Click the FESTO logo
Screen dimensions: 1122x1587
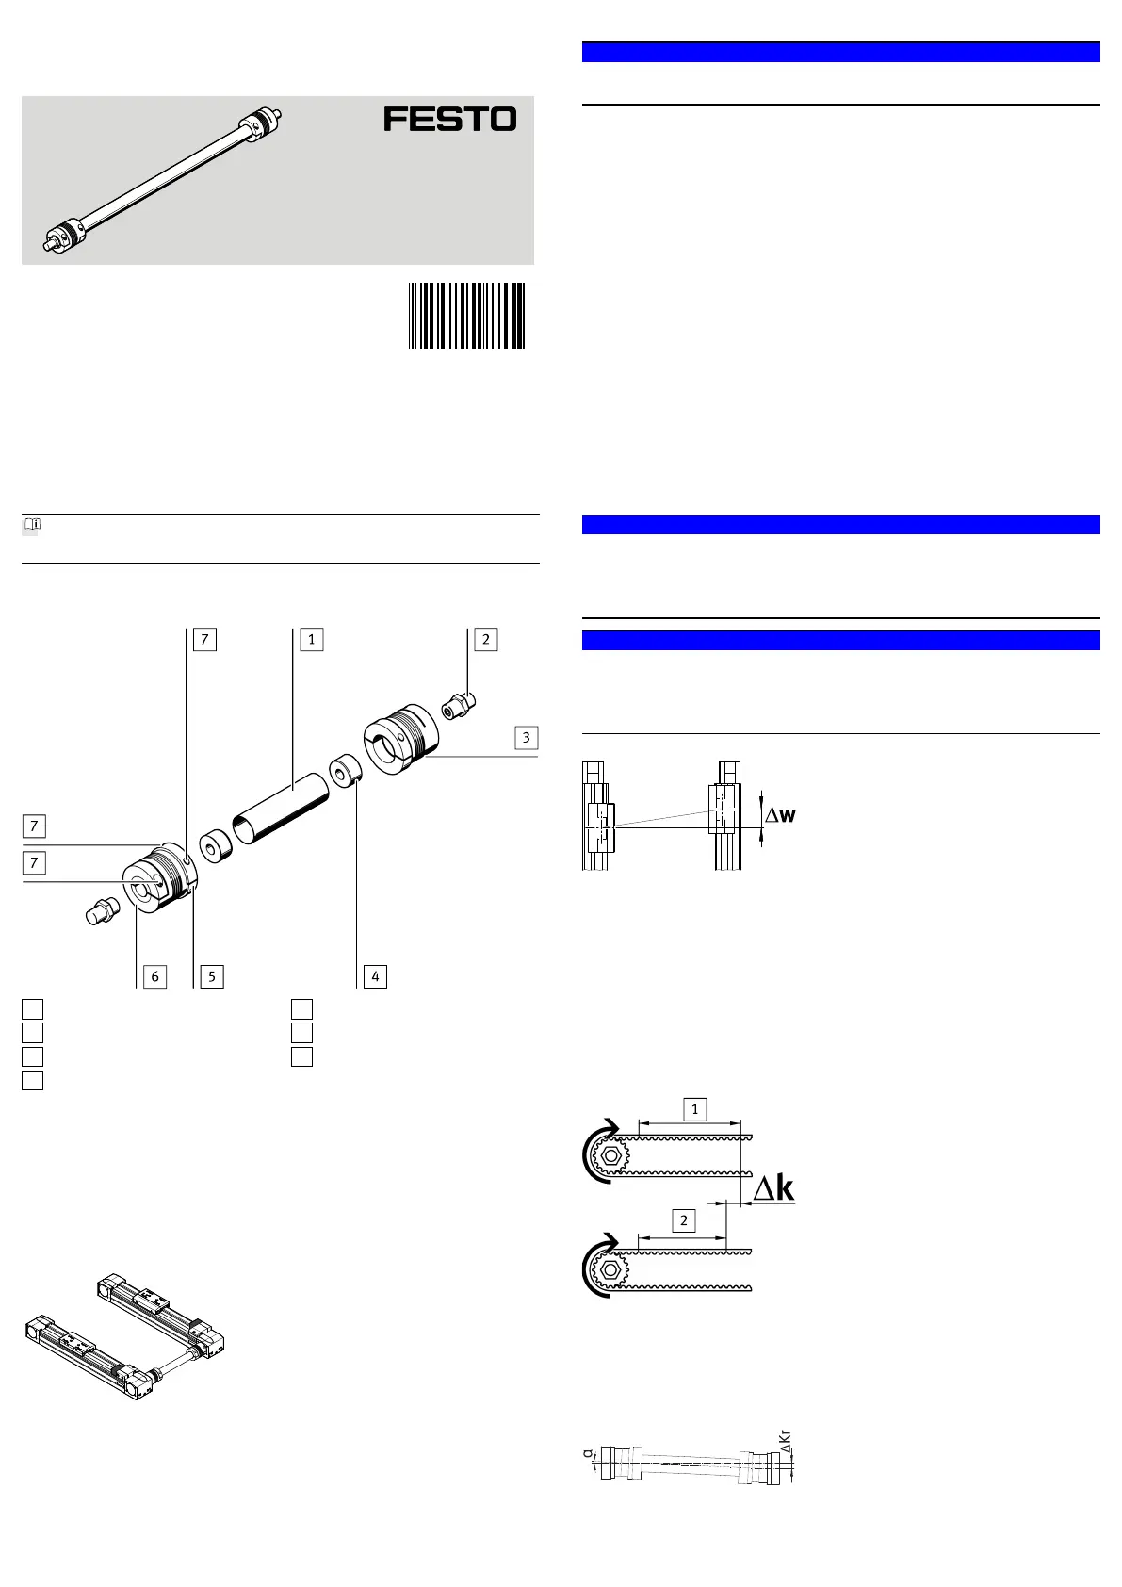pos(449,120)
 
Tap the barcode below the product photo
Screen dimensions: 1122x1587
pos(466,316)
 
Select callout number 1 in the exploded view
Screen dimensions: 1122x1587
pos(311,639)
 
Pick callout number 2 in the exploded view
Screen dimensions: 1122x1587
pos(485,639)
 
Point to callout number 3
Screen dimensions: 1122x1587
pos(526,737)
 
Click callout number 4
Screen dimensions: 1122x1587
pos(375,976)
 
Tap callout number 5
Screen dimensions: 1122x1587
pos(211,976)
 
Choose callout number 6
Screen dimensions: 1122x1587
pos(155,976)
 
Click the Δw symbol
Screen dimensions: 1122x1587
pos(780,815)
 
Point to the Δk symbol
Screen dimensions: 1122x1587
pos(774,1189)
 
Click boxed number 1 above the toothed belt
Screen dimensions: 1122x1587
pos(694,1109)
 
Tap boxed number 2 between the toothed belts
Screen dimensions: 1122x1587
pos(683,1221)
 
